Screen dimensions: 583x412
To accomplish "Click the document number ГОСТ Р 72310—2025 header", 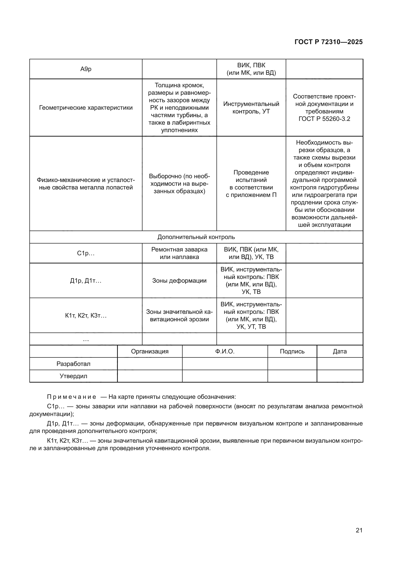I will click(329, 42).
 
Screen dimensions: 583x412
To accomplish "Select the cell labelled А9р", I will click(86, 69).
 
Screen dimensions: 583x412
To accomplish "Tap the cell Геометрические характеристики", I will click(86, 108).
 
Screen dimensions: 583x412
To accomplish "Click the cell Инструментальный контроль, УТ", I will click(251, 108).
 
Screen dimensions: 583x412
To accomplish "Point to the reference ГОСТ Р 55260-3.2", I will click(324, 119).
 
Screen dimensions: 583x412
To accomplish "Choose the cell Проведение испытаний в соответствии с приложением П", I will click(251, 184).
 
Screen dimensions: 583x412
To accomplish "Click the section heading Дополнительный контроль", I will click(196, 237).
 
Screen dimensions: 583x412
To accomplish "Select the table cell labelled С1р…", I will click(86, 253).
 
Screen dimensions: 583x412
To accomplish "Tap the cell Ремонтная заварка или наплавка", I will click(179, 253).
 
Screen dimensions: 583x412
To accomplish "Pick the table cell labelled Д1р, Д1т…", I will click(86, 281).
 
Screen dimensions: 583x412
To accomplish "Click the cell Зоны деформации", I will click(179, 281).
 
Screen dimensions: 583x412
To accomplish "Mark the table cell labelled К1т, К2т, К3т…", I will click(86, 316).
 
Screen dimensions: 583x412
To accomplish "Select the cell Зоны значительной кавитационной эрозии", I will click(179, 316).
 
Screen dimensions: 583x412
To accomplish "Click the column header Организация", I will click(150, 351).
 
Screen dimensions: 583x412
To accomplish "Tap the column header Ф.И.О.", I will click(225, 351).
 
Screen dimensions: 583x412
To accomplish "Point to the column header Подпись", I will click(292, 351).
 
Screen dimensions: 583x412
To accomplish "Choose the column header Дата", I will click(340, 351).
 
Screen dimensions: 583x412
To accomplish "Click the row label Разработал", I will click(73, 364).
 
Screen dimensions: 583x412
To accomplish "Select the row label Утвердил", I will click(73, 376).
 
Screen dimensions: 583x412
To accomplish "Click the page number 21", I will click(359, 530).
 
